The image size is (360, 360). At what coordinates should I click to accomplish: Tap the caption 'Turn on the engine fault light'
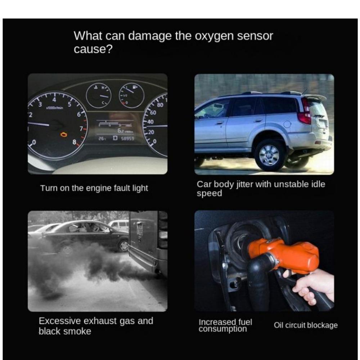click(x=94, y=188)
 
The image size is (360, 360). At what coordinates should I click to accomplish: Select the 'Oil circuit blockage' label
click(x=306, y=325)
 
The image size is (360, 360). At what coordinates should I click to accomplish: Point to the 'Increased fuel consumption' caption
click(x=225, y=325)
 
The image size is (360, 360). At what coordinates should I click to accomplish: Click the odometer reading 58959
click(x=127, y=139)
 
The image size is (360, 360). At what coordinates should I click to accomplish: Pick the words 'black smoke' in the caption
click(x=65, y=331)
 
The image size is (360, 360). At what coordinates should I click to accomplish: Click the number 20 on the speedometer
click(x=151, y=132)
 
